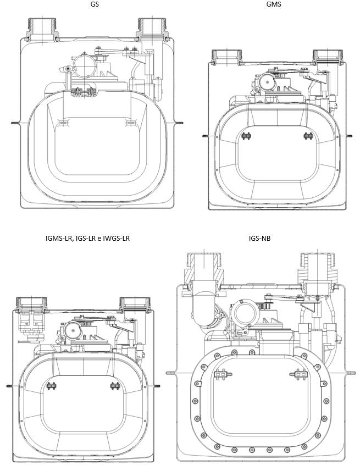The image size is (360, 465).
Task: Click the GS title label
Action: pos(95,4)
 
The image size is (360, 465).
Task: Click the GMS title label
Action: pos(274,4)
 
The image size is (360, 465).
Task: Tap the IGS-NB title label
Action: pos(260,238)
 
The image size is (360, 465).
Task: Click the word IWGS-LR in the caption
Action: pos(116,238)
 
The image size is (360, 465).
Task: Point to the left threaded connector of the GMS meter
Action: pos(227,57)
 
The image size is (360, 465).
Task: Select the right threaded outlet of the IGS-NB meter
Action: pos(318,268)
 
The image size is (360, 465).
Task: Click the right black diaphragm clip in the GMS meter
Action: pos(308,136)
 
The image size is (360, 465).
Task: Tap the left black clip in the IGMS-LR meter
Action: pos(52,386)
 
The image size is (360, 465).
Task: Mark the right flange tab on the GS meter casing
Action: pos(179,123)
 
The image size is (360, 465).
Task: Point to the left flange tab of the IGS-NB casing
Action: pos(171,373)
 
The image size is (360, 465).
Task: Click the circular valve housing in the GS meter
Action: pos(85,65)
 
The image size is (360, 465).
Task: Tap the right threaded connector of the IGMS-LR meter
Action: pos(134,303)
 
